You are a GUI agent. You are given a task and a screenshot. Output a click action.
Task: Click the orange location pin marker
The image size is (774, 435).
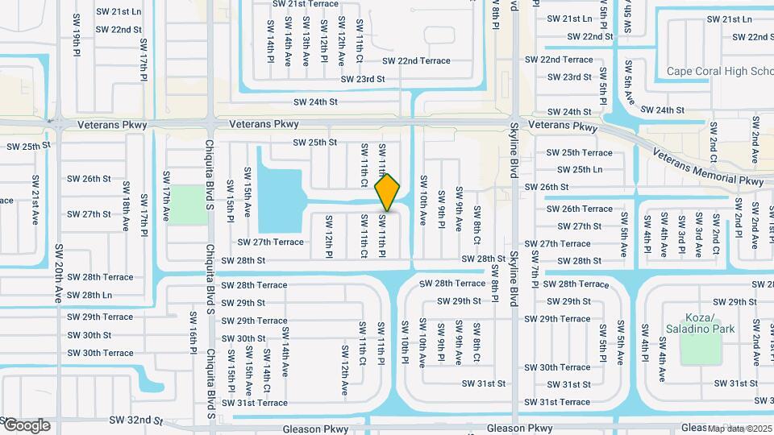coord(388,192)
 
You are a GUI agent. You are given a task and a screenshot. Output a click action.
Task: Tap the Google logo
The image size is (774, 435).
coord(26,425)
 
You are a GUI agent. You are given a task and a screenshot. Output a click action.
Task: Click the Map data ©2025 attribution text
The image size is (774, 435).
coord(740,429)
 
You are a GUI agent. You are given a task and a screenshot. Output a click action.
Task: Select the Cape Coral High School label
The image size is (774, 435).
coord(720,72)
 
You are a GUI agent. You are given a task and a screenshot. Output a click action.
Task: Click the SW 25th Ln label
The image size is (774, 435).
coord(574,170)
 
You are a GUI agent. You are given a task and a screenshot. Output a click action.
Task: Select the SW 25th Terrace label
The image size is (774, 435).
coord(579,152)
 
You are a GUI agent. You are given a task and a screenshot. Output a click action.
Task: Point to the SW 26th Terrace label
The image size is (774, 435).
coord(579,209)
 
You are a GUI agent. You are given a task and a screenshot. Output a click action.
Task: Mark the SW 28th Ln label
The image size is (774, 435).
coord(89,296)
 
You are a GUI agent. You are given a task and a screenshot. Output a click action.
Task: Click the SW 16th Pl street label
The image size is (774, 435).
coord(193,333)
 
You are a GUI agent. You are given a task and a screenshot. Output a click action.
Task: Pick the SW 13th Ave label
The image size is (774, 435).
coord(306,41)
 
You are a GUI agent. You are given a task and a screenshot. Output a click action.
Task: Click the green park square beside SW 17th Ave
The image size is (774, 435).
coord(187,205)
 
